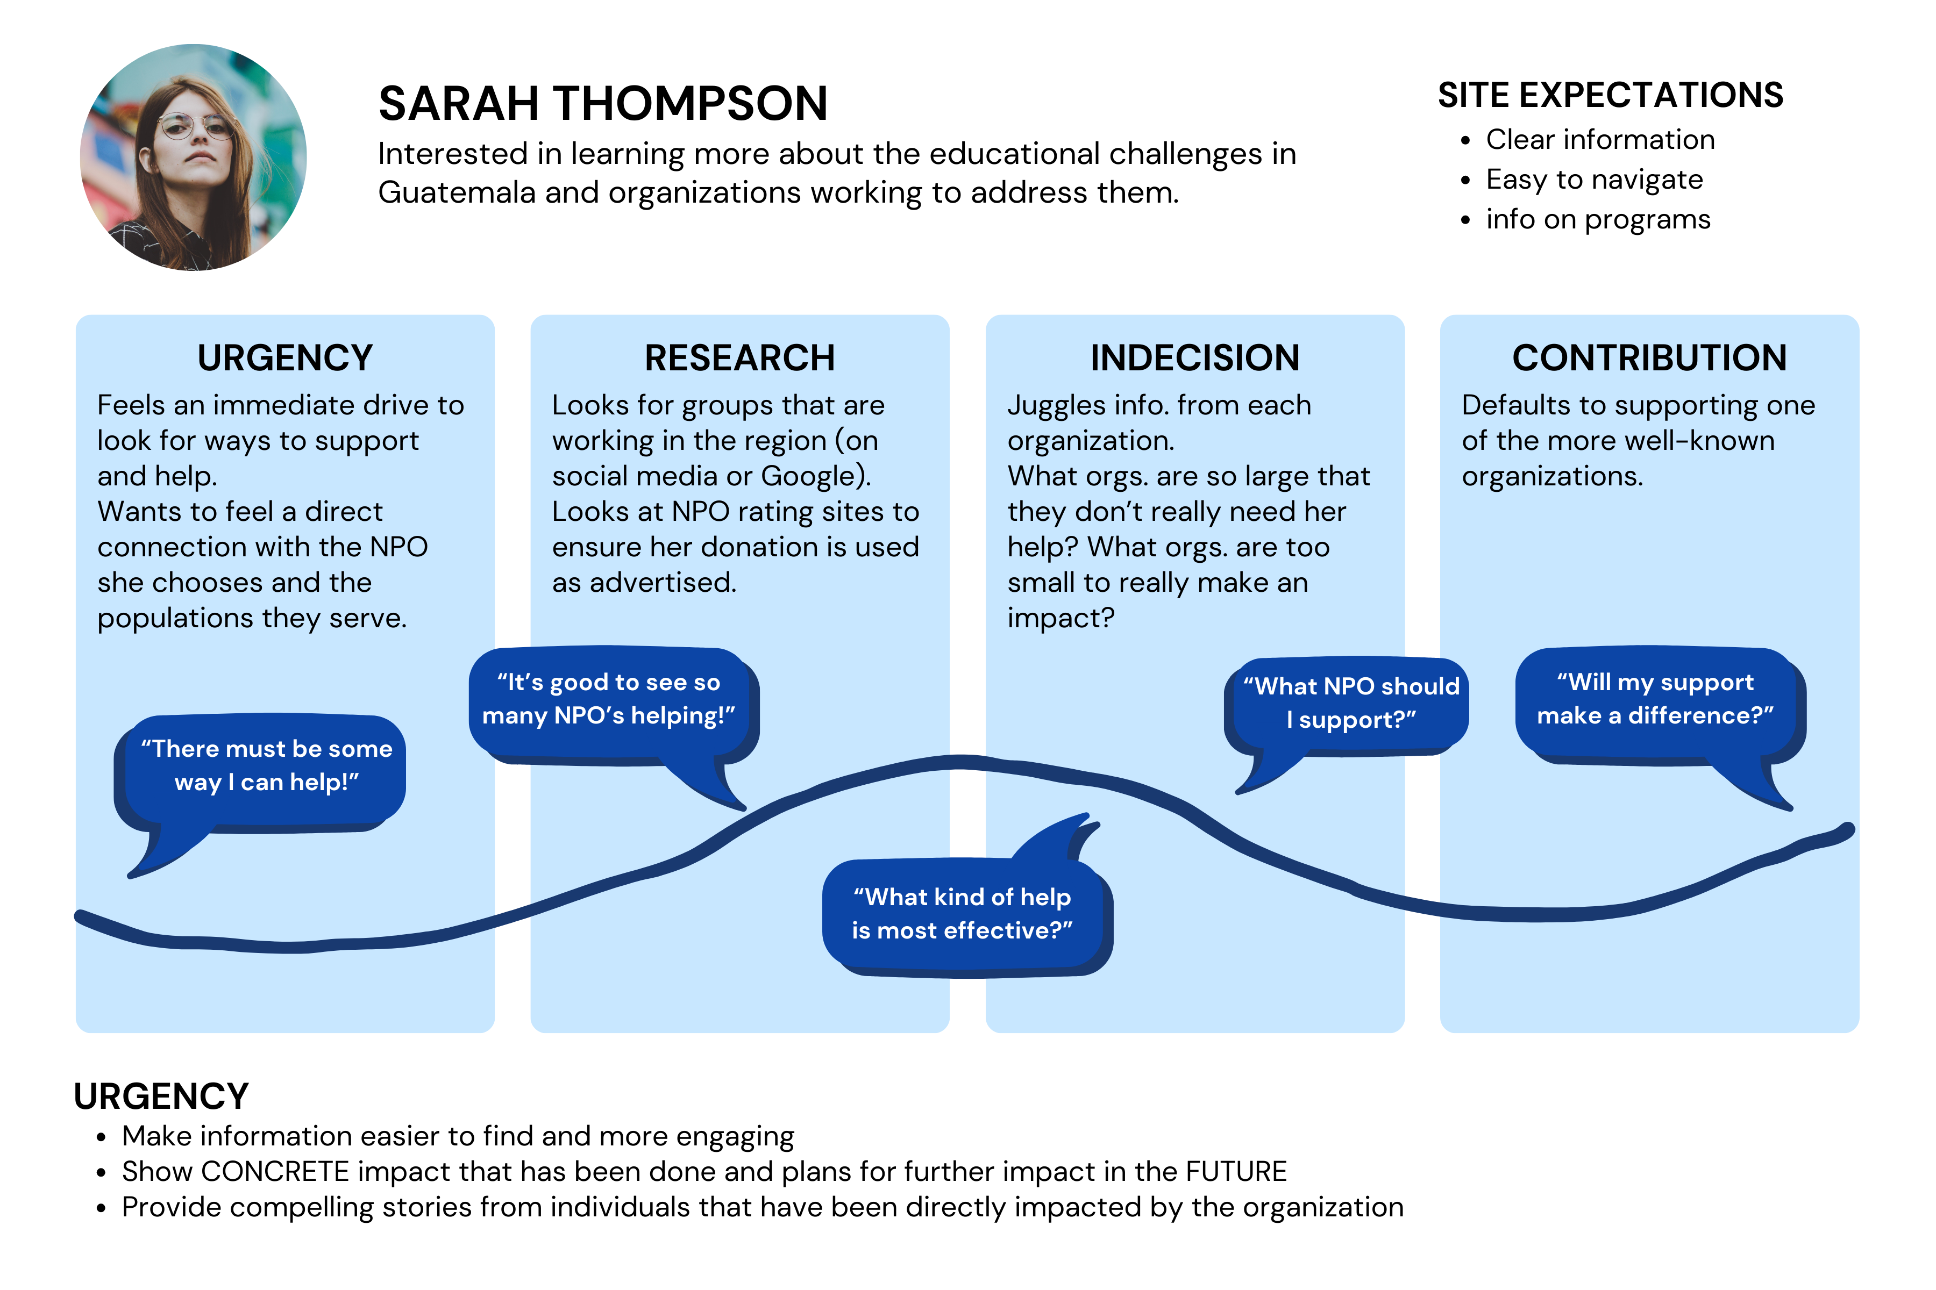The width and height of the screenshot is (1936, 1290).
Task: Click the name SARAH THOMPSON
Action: pyautogui.click(x=602, y=104)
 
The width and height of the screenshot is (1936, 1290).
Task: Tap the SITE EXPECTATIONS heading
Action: pyautogui.click(x=1610, y=96)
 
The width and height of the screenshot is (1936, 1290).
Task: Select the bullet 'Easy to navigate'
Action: pyautogui.click(x=1593, y=180)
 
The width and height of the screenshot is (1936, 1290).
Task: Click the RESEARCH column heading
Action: pyautogui.click(x=739, y=358)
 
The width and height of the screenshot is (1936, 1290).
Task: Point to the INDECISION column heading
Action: pyautogui.click(x=1194, y=358)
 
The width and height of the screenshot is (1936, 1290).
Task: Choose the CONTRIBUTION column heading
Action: pyautogui.click(x=1649, y=358)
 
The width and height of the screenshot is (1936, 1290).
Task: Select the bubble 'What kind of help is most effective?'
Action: pyautogui.click(x=962, y=913)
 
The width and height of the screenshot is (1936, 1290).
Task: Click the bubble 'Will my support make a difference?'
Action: pyautogui.click(x=1655, y=699)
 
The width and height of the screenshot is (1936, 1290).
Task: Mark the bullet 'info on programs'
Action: pyautogui.click(x=1598, y=220)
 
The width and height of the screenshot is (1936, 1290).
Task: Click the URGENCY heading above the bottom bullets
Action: pyautogui.click(x=161, y=1096)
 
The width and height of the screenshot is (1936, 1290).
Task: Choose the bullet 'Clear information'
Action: pyautogui.click(x=1599, y=140)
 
